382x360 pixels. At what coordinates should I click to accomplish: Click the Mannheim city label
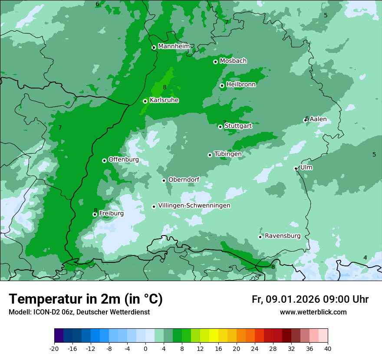[174, 46]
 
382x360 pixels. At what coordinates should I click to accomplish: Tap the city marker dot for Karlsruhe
[145, 101]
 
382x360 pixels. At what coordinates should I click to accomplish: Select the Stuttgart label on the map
[238, 126]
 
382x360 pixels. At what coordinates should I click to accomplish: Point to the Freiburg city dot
[95, 214]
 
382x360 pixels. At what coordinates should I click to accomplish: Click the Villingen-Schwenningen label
[194, 206]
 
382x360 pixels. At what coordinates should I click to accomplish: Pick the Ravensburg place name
[283, 236]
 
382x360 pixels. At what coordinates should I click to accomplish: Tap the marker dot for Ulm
[296, 168]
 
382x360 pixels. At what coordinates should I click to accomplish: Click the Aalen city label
[318, 119]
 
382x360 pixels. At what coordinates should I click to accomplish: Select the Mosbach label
[233, 61]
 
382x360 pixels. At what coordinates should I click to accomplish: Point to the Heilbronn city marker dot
[222, 85]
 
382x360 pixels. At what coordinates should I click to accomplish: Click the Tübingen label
[228, 154]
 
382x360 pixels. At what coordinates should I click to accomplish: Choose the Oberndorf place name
[184, 180]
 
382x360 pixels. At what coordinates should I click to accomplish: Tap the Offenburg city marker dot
[104, 160]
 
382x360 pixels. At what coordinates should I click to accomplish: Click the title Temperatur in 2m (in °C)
[86, 299]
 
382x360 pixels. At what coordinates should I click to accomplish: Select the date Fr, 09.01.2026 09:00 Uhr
[310, 299]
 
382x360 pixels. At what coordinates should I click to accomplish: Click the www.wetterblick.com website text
[313, 312]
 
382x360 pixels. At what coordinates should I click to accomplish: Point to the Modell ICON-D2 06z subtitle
[79, 312]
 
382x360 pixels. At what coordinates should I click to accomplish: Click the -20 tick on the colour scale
[54, 348]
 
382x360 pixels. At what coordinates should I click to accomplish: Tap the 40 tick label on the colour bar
[327, 348]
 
